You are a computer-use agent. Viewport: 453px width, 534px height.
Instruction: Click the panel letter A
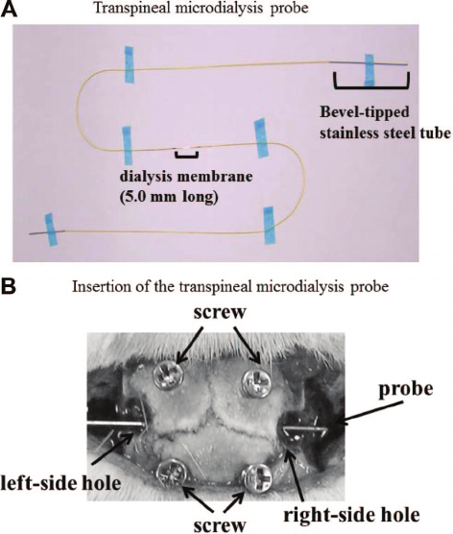9,9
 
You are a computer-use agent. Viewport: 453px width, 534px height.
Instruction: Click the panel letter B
9,287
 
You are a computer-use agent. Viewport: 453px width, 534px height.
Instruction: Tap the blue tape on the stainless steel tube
370,70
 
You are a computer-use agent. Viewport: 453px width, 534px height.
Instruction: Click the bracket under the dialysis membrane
186,155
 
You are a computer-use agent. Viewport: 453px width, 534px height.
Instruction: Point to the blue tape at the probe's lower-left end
52,230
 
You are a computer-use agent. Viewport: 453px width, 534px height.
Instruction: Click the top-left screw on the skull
167,376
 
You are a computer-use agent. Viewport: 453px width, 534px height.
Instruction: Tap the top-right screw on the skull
256,382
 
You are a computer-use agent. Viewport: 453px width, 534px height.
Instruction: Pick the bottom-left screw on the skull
172,474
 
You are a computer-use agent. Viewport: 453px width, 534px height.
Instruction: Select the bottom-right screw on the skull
256,476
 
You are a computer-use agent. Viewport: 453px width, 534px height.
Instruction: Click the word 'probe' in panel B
406,390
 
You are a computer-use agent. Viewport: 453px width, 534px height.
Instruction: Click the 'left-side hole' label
60,483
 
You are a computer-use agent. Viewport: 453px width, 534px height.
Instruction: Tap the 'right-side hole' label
352,515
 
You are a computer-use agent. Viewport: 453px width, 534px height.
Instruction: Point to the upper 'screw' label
220,313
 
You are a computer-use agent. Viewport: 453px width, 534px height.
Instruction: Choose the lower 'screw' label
220,525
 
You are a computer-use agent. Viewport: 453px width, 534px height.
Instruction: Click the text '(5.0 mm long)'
169,197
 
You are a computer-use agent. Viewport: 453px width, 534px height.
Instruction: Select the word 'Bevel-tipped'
364,113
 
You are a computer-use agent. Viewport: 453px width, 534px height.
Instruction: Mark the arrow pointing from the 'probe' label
369,413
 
